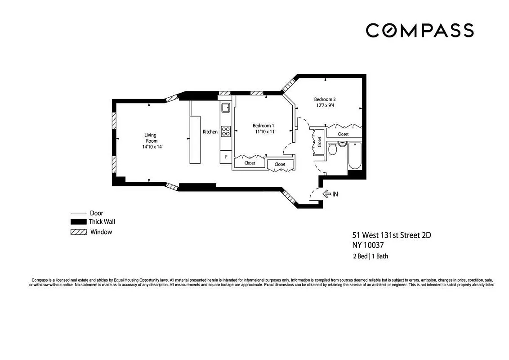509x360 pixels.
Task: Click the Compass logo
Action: [419, 31]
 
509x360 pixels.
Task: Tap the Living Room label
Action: [151, 138]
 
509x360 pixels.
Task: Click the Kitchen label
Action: [210, 132]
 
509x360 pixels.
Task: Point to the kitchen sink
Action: [225, 108]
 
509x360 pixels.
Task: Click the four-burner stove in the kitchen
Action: [226, 131]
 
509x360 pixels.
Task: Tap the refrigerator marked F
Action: [226, 157]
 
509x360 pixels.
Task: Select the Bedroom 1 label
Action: [263, 126]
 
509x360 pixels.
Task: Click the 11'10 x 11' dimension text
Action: [265, 132]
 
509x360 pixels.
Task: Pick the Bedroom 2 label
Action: [325, 99]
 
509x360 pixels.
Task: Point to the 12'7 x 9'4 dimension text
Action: [325, 106]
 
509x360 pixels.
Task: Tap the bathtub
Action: [355, 155]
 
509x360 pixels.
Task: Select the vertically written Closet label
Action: [320, 142]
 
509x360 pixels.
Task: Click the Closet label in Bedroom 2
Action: [343, 134]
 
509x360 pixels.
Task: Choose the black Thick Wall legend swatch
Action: [78, 222]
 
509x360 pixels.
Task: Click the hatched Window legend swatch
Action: [78, 232]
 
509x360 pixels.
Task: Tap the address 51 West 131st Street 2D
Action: [387, 235]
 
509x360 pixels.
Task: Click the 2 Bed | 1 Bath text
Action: [370, 256]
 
